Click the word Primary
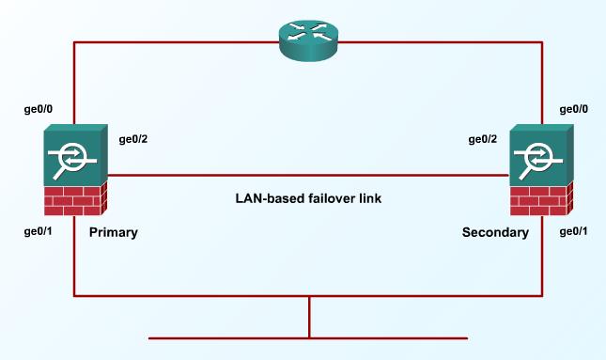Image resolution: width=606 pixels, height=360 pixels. pos(113,231)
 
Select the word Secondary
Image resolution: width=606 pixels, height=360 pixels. pos(495,231)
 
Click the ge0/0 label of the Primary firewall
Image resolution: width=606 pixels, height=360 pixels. pos(39,109)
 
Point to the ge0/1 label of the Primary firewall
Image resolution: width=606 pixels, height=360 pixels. pos(39,230)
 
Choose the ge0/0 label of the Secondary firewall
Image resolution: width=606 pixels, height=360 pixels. pos(575,109)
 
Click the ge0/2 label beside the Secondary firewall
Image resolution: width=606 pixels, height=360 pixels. pos(484,140)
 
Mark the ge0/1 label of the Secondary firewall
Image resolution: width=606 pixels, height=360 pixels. pos(575,230)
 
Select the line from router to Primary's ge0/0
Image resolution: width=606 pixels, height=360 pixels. pos(169,42)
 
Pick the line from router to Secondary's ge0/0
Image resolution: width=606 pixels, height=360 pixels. pos(442,42)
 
